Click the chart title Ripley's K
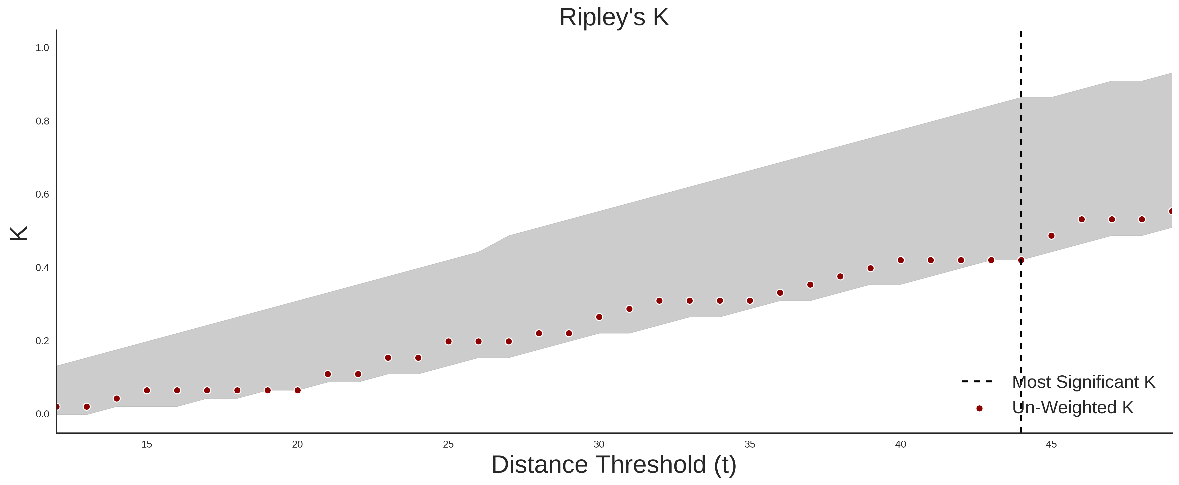point(614,17)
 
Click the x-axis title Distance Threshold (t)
point(614,465)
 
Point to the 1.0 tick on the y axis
point(42,48)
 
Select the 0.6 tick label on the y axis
point(42,195)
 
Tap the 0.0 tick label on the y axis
point(42,414)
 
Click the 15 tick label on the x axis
point(146,444)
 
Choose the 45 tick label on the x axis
point(1051,444)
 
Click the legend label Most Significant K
point(1083,382)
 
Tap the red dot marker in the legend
point(979,408)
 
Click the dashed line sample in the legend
point(977,381)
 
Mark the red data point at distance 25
point(448,341)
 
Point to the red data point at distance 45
point(1051,236)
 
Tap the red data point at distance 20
point(298,390)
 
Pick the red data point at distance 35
point(750,301)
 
